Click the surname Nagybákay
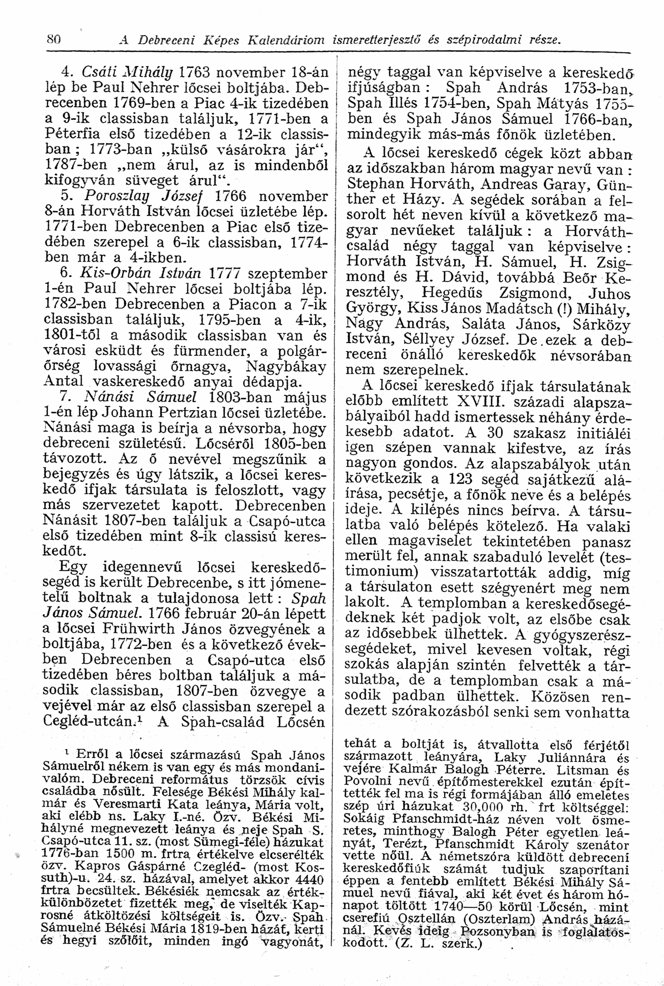click(286, 367)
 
